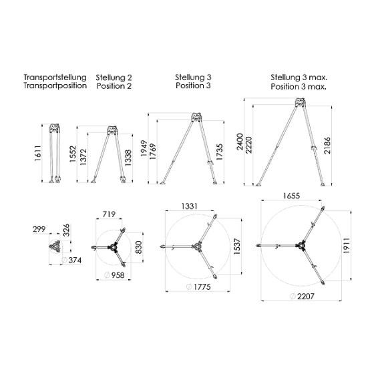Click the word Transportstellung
[x=55, y=77]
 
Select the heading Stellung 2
[x=114, y=77]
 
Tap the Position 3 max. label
[x=299, y=86]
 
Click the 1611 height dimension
[x=38, y=153]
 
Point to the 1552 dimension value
[x=73, y=154]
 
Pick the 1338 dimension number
[x=128, y=158]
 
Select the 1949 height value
[x=144, y=148]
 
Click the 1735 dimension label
[x=219, y=152]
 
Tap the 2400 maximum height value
[x=240, y=142]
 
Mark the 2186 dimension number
[x=327, y=146]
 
